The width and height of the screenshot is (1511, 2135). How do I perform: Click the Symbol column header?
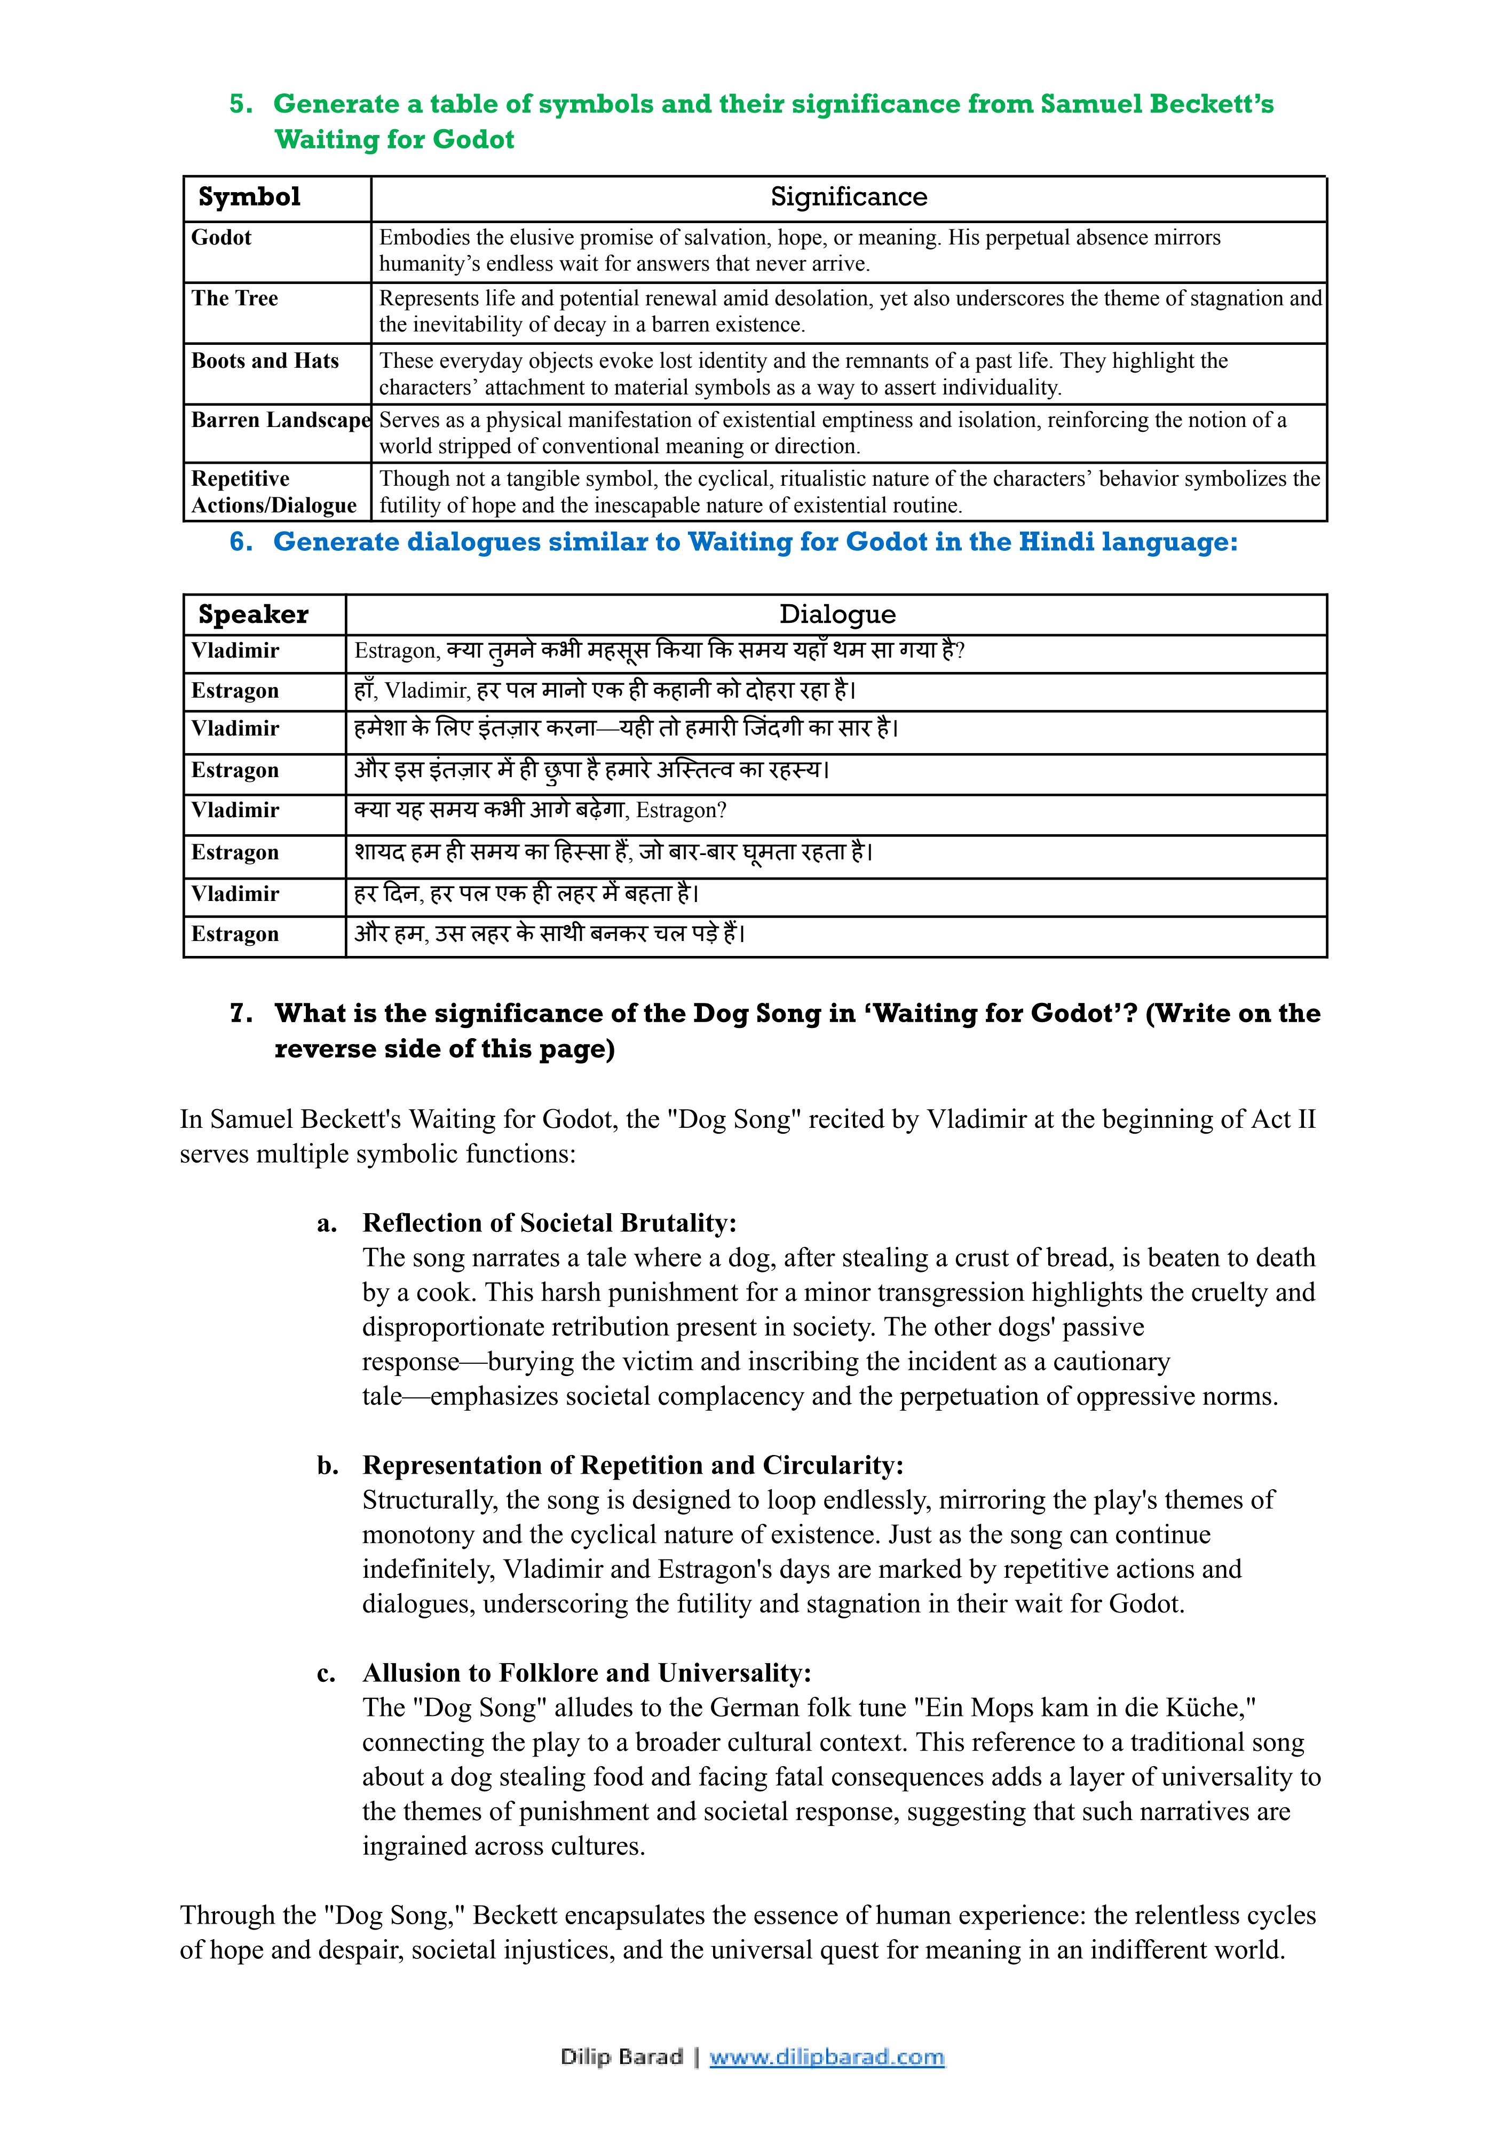click(249, 197)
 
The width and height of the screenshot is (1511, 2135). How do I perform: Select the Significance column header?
click(849, 197)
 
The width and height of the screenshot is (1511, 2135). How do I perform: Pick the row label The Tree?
click(234, 298)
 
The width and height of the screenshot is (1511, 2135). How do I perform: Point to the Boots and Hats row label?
click(265, 361)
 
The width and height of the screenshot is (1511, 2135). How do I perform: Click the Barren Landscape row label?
click(281, 421)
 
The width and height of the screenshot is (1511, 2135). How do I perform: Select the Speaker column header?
click(253, 615)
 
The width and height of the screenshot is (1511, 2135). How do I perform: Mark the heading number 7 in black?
click(240, 1013)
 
